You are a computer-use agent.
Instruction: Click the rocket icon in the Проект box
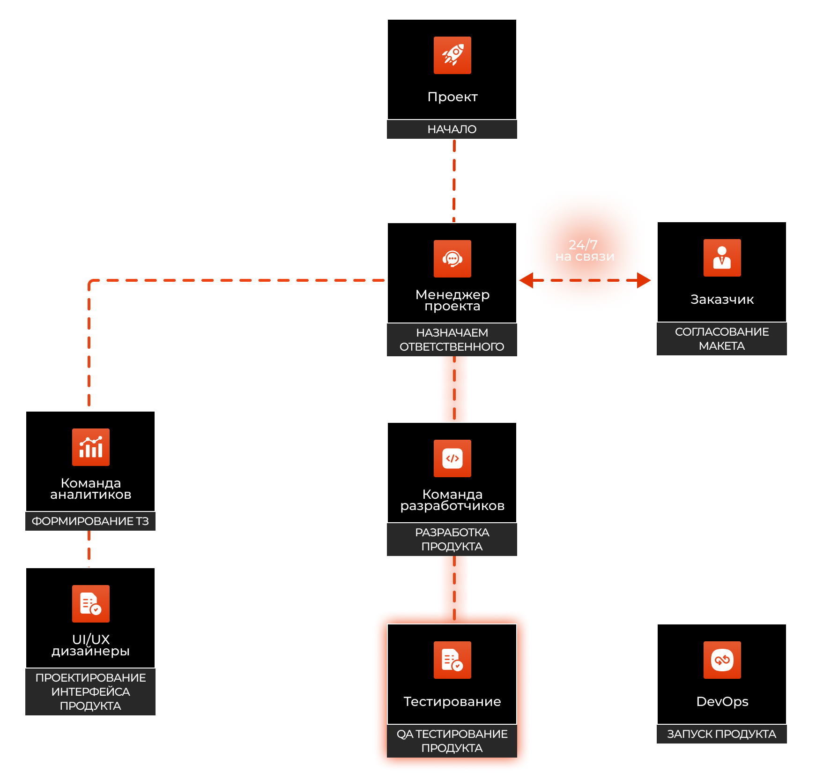pos(452,55)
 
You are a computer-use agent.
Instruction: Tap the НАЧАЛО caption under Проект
pos(452,129)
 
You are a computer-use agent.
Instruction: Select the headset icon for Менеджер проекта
pos(452,259)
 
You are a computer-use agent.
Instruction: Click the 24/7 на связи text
pos(585,251)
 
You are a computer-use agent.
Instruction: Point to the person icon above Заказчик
pos(722,258)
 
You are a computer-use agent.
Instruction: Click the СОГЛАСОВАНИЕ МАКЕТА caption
pos(721,339)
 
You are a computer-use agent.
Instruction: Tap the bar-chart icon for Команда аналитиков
pos(90,447)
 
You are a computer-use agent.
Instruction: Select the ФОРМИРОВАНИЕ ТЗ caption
pos(90,521)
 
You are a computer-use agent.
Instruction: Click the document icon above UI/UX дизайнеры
pos(90,604)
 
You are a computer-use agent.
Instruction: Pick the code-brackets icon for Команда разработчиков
pos(452,458)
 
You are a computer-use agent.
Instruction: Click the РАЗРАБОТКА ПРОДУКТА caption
pos(452,540)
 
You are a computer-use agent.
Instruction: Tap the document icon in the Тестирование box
pos(452,660)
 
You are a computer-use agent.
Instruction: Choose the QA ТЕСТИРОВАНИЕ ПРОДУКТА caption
pos(452,741)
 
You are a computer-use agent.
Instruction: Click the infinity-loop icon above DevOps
pos(722,660)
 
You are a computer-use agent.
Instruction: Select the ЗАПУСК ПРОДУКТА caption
pos(721,734)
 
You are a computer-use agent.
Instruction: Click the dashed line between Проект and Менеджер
pos(454,180)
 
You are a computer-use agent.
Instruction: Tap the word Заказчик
pos(722,300)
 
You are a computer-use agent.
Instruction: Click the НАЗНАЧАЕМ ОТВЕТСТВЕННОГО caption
pos(452,340)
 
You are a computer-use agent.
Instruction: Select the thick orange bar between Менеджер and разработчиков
pos(454,389)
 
